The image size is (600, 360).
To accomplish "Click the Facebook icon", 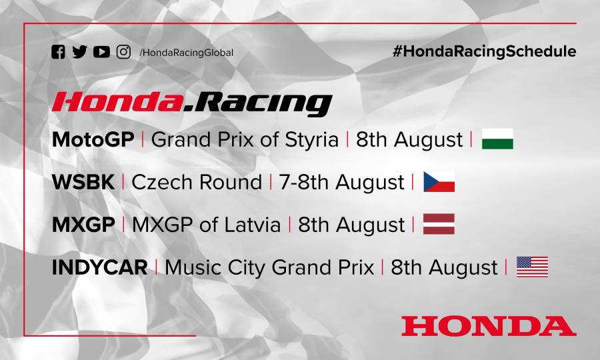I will (58, 52).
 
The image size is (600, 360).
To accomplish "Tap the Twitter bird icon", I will (79, 52).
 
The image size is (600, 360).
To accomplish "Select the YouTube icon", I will (101, 52).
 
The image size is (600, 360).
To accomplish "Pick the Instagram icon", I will (123, 52).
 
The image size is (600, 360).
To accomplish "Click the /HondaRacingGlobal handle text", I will (187, 53).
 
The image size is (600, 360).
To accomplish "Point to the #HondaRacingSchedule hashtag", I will (485, 51).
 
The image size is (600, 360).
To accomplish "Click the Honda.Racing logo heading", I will (192, 103).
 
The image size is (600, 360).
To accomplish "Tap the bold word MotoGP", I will (93, 140).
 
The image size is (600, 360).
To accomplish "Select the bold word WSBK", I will (83, 182).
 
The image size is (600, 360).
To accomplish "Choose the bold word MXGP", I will (83, 225).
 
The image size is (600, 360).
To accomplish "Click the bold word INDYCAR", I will (99, 267).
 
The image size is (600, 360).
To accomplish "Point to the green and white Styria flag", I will (497, 139).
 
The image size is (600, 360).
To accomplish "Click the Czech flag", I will (439, 181).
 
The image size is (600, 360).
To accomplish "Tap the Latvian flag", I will (439, 224).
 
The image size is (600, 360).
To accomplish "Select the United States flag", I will (532, 267).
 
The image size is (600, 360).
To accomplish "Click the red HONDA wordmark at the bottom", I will (488, 325).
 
